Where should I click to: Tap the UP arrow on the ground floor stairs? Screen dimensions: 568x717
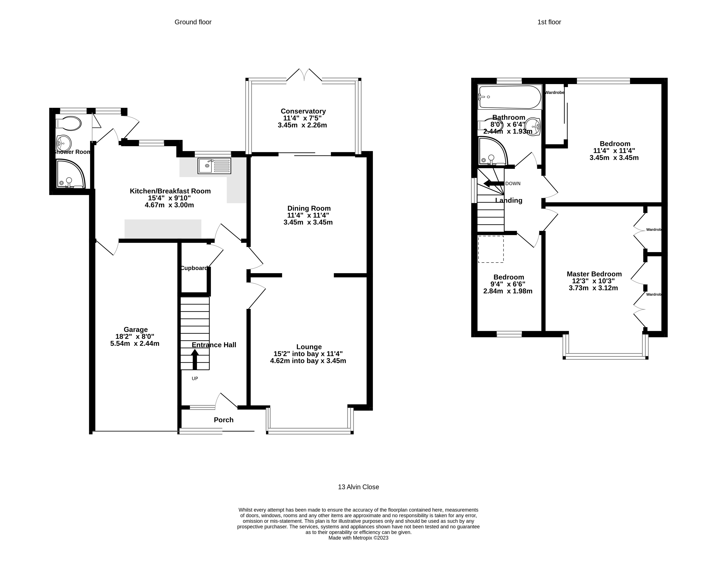pyautogui.click(x=195, y=359)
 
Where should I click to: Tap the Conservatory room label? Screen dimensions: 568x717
pyautogui.click(x=303, y=111)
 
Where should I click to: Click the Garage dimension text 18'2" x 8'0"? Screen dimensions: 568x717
pyautogui.click(x=135, y=336)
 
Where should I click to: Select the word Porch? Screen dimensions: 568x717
pyautogui.click(x=223, y=420)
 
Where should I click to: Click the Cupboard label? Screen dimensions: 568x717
pyautogui.click(x=194, y=268)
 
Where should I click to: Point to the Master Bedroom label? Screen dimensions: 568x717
pyautogui.click(x=594, y=274)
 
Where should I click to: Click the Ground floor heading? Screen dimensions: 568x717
pyautogui.click(x=193, y=22)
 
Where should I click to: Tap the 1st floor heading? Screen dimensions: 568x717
pyautogui.click(x=549, y=22)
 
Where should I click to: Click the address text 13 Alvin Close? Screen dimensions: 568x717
pyautogui.click(x=358, y=487)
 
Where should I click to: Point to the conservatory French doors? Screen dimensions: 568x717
pyautogui.click(x=304, y=75)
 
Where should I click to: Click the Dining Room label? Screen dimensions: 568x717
pyautogui.click(x=309, y=208)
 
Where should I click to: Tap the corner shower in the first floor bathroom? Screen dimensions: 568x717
pyautogui.click(x=492, y=152)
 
